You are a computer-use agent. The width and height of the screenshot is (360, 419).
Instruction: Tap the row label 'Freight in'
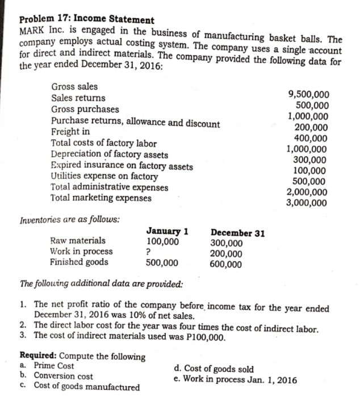point(70,131)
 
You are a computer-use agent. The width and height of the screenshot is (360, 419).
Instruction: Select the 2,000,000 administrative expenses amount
point(307,191)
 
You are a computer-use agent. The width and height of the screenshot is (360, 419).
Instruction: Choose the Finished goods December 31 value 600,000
point(225,264)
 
